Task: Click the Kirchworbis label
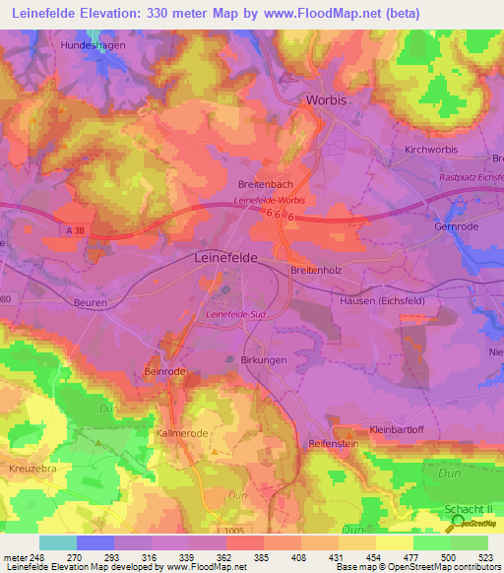click(x=432, y=150)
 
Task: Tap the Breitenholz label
click(x=316, y=271)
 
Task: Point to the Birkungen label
click(x=263, y=361)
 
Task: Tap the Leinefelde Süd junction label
click(x=237, y=315)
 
